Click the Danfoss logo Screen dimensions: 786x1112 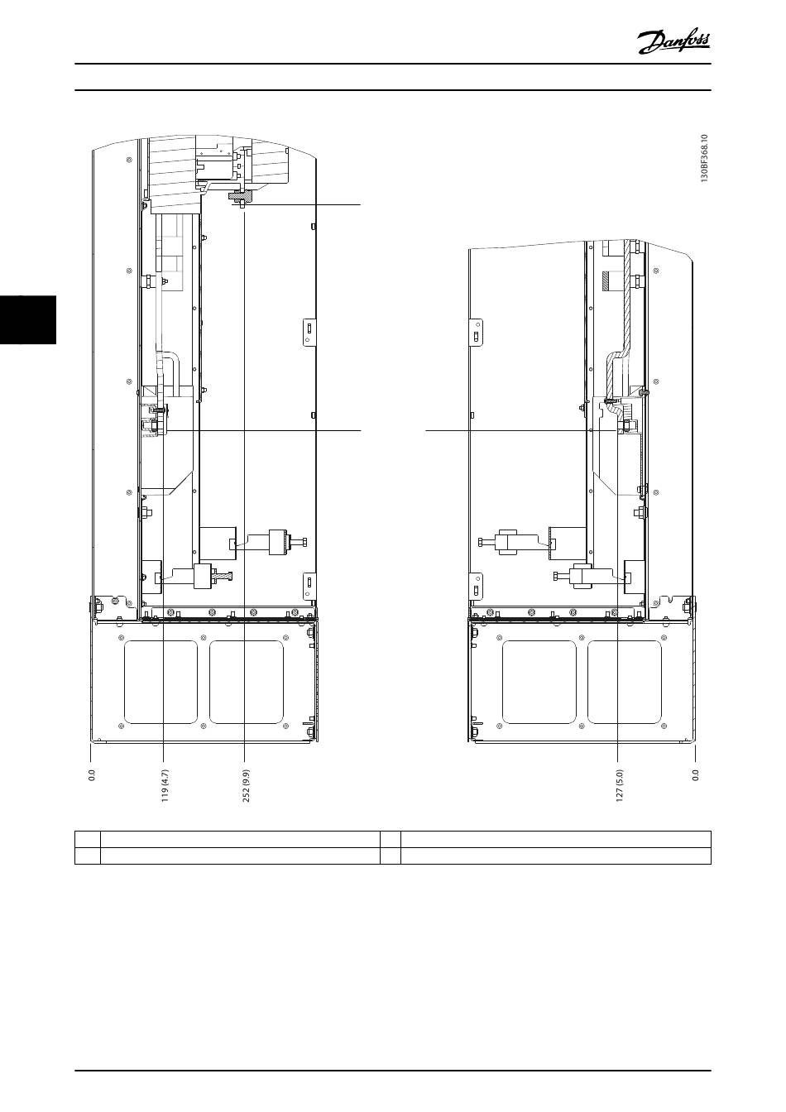(x=673, y=43)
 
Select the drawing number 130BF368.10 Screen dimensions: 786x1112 (x=705, y=158)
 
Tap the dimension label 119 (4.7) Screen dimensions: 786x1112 (x=165, y=786)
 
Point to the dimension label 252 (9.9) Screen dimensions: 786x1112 (x=247, y=786)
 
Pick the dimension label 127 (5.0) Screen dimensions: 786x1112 (x=619, y=786)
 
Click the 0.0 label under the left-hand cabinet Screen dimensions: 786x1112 (x=91, y=775)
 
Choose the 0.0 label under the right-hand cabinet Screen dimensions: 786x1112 (x=695, y=775)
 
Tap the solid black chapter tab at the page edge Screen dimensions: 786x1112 (x=28, y=319)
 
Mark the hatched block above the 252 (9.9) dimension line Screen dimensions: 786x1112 (x=240, y=197)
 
